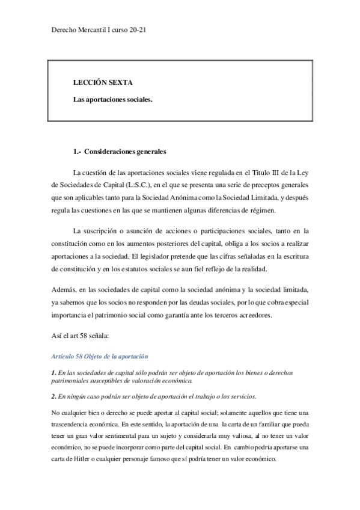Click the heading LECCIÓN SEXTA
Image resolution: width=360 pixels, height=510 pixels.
pyautogui.click(x=102, y=82)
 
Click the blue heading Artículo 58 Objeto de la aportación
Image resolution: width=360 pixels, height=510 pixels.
pyautogui.click(x=100, y=357)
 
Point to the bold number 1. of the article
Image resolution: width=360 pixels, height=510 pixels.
pyautogui.click(x=53, y=373)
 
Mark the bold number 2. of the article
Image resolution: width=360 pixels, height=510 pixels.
pyautogui.click(x=53, y=396)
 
